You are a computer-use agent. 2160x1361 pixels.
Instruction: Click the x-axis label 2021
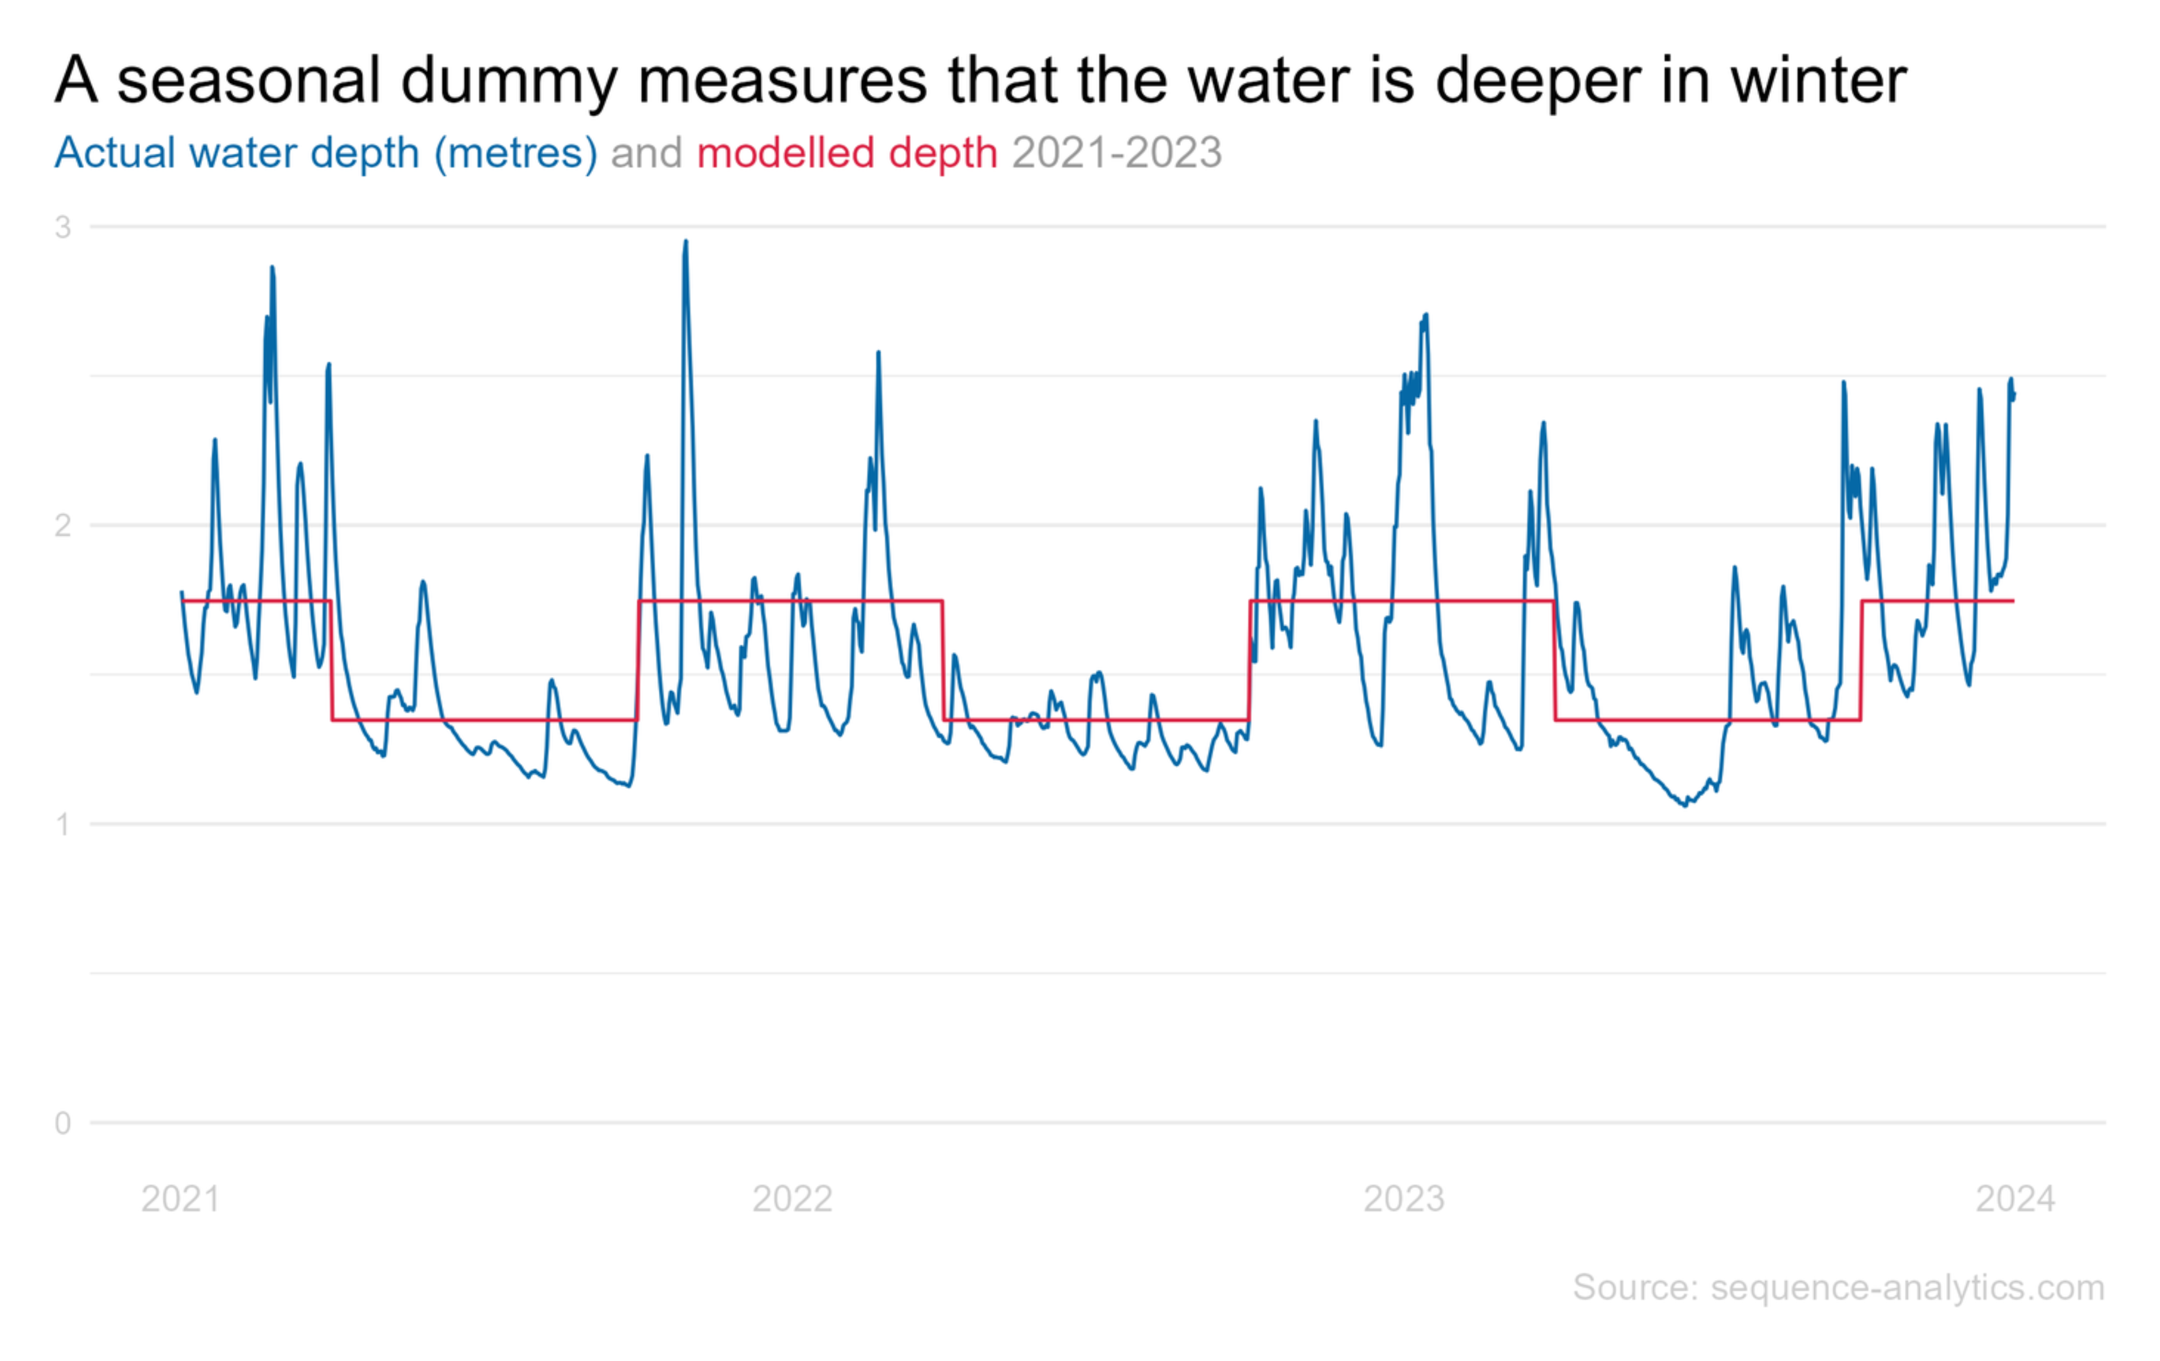coord(180,1199)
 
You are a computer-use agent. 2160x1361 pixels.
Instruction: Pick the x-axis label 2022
coord(792,1199)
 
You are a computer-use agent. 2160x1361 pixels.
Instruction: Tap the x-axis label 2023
coord(1404,1199)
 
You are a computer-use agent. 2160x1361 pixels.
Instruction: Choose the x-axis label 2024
coord(2015,1199)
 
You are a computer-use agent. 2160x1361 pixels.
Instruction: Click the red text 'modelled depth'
coord(847,153)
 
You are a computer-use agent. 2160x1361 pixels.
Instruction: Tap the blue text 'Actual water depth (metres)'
coord(325,153)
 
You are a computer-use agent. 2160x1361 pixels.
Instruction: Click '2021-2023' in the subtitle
coord(1117,153)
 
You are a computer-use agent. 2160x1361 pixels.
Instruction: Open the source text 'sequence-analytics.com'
coord(1907,1287)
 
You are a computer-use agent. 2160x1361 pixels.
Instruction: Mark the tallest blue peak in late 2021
coord(686,242)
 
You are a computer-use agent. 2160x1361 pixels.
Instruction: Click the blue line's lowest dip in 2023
coord(1684,805)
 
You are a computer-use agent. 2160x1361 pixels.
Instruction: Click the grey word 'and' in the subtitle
coord(646,153)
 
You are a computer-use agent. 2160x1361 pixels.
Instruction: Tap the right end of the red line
coord(2014,600)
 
